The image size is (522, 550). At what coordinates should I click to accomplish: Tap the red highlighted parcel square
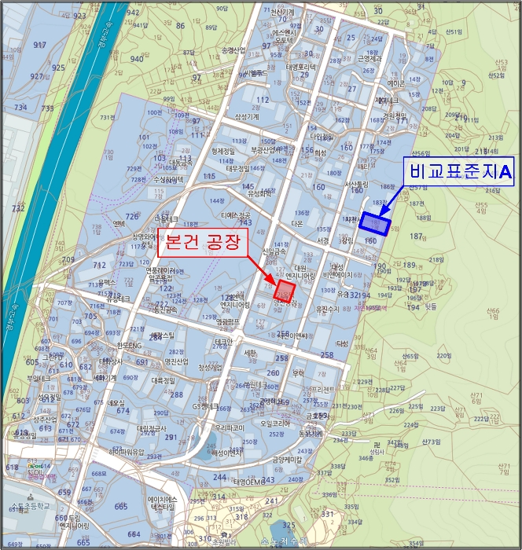(285, 291)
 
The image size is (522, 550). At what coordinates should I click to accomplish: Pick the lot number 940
(137, 59)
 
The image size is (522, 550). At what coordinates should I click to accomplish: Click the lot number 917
(40, 45)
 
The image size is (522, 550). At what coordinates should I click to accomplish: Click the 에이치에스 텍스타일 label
(167, 504)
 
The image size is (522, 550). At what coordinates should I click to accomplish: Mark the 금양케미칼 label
(288, 459)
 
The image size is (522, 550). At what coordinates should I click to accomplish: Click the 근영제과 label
(370, 58)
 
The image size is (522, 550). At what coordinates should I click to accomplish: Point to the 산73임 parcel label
(432, 442)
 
